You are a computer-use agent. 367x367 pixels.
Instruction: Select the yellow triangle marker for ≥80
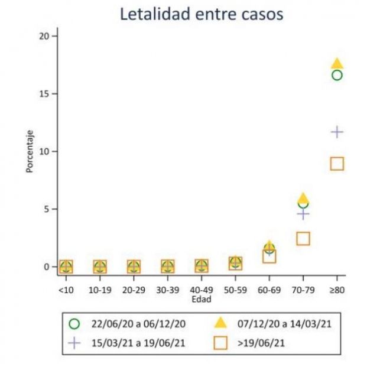337,63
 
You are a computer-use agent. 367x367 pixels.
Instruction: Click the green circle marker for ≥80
337,75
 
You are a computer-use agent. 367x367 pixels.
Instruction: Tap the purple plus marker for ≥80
337,131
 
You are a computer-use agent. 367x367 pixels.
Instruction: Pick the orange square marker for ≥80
337,164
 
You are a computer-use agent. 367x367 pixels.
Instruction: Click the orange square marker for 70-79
303,238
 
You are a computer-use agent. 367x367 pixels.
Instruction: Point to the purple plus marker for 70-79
303,214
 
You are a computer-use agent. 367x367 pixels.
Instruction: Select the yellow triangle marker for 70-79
303,198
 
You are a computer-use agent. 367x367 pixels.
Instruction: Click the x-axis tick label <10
66,290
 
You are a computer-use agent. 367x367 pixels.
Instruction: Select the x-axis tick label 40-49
202,290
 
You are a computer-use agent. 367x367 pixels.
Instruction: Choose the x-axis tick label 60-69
269,290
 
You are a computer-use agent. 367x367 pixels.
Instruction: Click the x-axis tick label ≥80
337,290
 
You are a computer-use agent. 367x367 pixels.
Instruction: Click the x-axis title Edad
202,299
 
